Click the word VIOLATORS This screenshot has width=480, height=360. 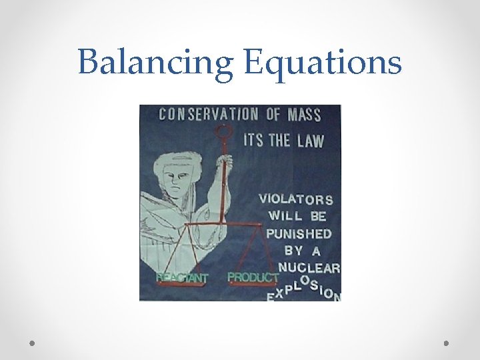click(295, 198)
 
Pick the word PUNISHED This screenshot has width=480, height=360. click(299, 233)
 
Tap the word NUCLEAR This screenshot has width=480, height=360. click(309, 268)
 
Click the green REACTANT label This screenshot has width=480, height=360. click(182, 277)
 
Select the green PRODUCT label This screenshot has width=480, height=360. click(253, 276)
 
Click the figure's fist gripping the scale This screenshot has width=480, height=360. click(225, 162)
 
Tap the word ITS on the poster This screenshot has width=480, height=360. click(253, 140)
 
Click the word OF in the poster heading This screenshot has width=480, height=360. click(273, 114)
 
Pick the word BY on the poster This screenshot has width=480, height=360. click(293, 251)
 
